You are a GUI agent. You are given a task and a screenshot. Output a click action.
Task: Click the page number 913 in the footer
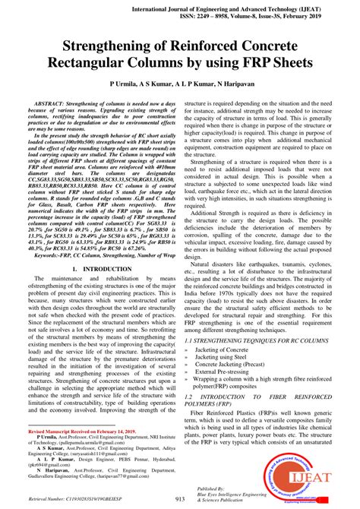point(180,499)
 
